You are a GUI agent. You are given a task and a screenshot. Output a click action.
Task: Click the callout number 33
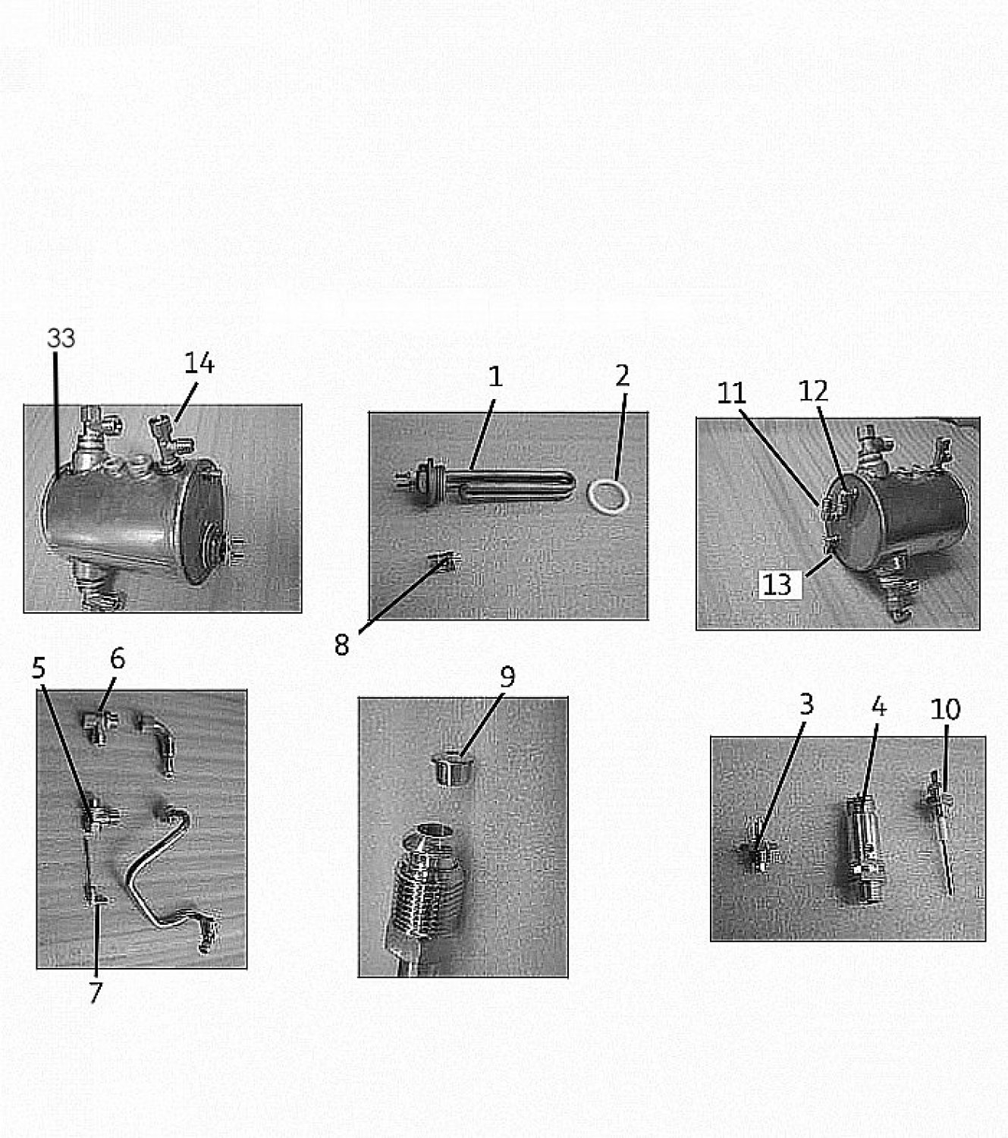coord(61,338)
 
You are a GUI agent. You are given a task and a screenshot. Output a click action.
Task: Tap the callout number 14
coord(199,363)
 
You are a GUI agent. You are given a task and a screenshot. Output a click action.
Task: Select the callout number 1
coord(495,376)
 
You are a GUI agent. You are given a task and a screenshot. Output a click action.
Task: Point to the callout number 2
coord(622,376)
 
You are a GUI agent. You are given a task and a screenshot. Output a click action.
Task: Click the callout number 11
coord(731,393)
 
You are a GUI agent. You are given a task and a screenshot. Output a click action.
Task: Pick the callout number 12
coord(813,391)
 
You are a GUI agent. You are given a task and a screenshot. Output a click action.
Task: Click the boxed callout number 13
coord(777,585)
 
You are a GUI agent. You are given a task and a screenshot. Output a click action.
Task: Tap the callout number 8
coord(341,646)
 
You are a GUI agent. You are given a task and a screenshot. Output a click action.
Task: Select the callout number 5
coord(38,668)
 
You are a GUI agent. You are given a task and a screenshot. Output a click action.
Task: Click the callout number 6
coord(118,659)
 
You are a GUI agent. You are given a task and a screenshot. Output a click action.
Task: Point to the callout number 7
coord(96,992)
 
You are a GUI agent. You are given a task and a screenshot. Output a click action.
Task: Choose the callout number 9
coord(507,677)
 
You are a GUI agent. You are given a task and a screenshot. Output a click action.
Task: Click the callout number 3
coord(806,704)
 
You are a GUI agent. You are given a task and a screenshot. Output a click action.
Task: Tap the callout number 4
coord(879,706)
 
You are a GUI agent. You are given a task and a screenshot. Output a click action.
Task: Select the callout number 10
coord(946,709)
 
